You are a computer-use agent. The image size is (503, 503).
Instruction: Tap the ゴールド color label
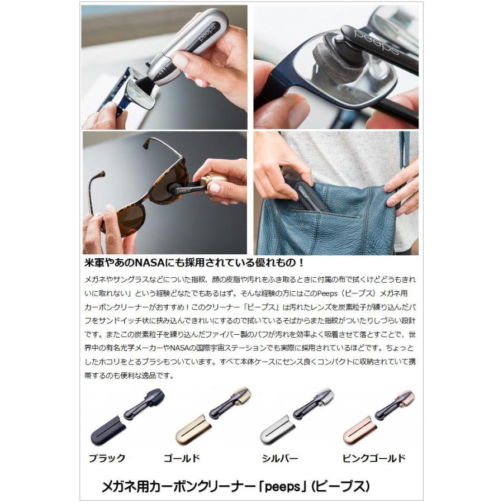[x=182, y=458]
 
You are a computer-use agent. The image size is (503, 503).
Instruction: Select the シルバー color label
[x=279, y=458]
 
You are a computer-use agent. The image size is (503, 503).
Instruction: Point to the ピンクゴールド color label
[x=374, y=458]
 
